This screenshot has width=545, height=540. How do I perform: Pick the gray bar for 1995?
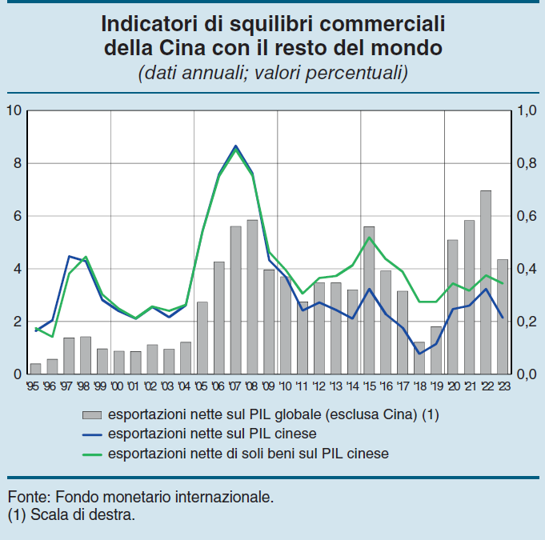point(35,369)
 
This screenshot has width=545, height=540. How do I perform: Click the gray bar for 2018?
point(419,358)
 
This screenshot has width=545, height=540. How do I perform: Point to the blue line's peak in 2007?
point(235,146)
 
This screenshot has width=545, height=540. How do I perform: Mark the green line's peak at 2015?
point(369,237)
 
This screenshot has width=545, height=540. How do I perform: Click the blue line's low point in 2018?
point(419,354)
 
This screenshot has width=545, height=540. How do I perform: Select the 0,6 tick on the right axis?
point(527,216)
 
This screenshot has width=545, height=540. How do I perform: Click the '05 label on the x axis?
point(202,385)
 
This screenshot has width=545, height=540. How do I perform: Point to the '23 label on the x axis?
point(503,385)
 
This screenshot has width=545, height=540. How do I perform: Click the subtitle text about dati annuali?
point(273,73)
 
